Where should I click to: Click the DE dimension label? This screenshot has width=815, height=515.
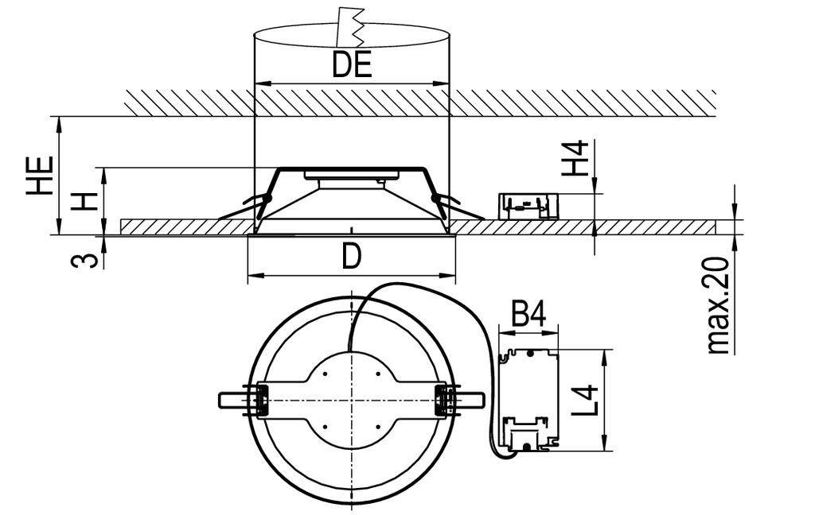point(352,66)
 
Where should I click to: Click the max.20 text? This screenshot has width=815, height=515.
point(719,306)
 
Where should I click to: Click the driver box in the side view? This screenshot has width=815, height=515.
point(526,206)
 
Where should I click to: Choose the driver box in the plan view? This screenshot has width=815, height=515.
point(528,401)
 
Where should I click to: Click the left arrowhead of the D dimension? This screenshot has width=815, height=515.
point(252,277)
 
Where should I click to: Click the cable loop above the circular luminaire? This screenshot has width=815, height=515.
point(414,291)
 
